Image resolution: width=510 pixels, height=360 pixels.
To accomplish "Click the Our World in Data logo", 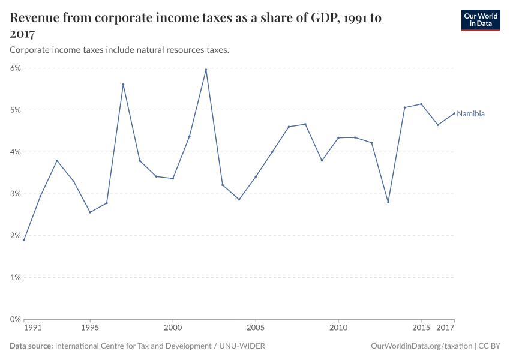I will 480,20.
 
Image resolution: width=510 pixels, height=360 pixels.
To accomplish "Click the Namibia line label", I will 470,113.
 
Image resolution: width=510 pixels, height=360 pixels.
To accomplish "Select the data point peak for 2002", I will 206,70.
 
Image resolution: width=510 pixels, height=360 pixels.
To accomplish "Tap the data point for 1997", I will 123,85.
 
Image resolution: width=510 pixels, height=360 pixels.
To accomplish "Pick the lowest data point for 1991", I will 24,239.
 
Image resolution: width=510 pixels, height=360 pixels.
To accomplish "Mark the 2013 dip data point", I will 388,202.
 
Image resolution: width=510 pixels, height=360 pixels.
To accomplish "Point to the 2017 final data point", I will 454,113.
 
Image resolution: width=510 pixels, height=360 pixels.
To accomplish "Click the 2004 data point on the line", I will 239,199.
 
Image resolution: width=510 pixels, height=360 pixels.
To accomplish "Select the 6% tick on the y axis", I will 15,68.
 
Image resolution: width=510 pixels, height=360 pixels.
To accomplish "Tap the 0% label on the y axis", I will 15,319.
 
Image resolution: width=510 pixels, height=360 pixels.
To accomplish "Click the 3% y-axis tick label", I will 15,194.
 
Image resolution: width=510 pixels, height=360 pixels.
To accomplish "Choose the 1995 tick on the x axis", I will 90,328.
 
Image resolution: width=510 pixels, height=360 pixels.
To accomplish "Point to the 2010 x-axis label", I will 338,328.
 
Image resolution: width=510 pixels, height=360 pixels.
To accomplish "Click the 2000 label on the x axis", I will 173,328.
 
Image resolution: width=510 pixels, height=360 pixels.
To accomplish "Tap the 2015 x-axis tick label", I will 421,328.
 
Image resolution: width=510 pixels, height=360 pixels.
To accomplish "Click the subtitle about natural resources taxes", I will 119,50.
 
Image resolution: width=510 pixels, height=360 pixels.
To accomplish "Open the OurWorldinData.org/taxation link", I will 422,346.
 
